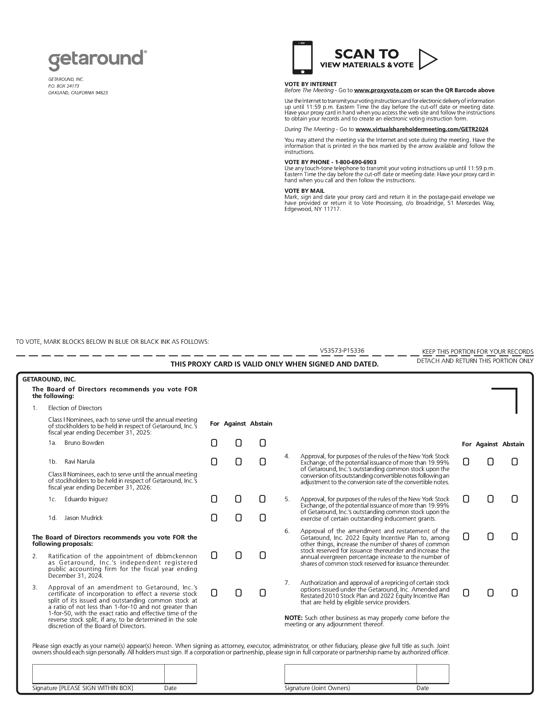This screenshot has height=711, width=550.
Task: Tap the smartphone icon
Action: [302, 57]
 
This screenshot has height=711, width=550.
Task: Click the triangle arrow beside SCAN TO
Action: [427, 59]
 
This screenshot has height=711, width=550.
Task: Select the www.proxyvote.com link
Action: [383, 90]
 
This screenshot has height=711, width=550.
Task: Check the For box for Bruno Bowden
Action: [214, 443]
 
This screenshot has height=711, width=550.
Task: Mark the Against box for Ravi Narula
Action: [238, 462]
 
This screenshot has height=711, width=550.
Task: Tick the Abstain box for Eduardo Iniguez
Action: [263, 499]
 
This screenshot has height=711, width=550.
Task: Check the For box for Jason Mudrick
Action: [214, 518]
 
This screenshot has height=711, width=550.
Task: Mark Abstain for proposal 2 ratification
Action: [263, 555]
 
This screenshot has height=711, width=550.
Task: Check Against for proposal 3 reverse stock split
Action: [238, 593]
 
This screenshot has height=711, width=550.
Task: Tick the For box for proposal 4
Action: [466, 461]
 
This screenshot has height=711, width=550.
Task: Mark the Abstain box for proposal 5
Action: [515, 499]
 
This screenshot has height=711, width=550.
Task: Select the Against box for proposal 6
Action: [490, 537]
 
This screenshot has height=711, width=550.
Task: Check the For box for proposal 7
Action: [466, 593]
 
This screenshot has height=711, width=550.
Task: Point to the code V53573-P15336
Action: [342, 351]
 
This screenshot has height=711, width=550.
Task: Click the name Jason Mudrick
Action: [83, 518]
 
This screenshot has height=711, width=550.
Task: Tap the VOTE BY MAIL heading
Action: [304, 191]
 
